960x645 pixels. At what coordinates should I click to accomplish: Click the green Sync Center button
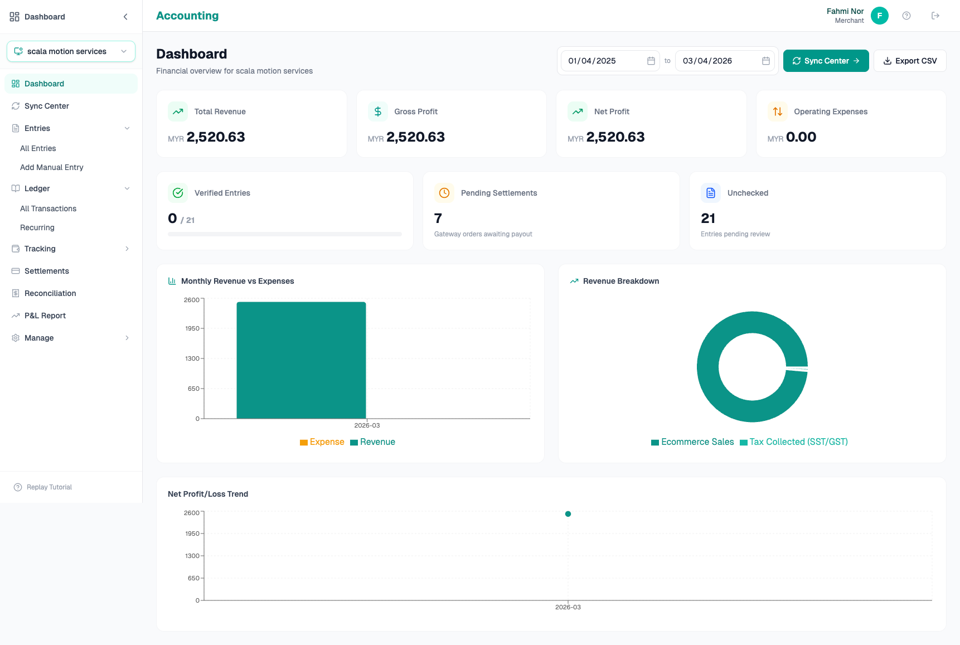826,61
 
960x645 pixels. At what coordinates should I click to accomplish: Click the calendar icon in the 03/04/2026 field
766,61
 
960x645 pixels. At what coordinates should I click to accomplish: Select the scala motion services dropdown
71,51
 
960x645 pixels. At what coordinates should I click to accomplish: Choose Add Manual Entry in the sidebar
52,167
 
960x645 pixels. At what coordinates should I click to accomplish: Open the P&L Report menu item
45,316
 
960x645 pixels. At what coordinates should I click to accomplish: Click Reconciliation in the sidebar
50,293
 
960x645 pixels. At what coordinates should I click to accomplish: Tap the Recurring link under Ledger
37,227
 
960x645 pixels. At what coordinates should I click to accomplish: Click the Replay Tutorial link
49,487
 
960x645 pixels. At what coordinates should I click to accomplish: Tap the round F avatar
879,16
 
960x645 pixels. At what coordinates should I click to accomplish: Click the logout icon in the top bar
935,16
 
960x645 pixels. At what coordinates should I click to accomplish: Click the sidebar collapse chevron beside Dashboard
125,17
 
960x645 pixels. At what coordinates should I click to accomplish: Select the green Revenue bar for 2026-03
301,360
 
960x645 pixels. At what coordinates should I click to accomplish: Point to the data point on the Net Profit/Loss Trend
568,514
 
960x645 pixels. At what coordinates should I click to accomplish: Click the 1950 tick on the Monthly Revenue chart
192,329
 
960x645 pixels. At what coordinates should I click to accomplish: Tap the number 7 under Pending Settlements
438,219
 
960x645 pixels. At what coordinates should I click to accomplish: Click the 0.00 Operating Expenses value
801,137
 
